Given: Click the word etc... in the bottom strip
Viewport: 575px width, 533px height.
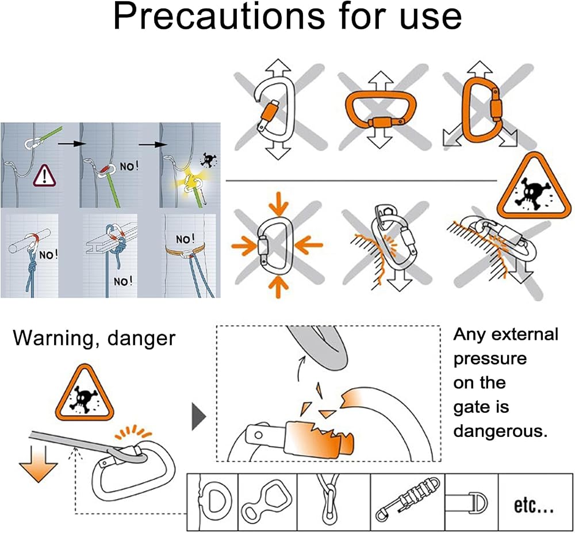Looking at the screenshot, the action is (533, 506).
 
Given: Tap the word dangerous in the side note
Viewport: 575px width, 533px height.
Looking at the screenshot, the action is (500, 431).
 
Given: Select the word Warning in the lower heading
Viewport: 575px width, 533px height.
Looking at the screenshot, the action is (55, 338).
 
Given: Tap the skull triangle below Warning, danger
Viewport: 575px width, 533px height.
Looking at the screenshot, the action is (85, 393).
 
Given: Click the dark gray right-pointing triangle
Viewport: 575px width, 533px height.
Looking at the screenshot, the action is (199, 416).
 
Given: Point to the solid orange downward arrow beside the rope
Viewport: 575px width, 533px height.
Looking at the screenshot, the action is (39, 464).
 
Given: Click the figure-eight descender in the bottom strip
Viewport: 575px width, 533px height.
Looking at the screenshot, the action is (267, 501).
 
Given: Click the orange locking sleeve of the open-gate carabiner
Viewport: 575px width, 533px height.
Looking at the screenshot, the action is (269, 112).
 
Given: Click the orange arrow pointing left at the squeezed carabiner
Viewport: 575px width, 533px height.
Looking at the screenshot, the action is (308, 245).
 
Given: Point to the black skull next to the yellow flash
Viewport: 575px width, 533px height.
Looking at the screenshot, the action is (208, 160).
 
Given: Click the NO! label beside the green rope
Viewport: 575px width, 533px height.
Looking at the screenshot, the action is (129, 167).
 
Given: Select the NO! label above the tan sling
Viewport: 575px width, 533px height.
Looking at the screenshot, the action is (185, 240).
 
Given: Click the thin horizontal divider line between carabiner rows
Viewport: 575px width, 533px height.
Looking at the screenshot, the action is (361, 181).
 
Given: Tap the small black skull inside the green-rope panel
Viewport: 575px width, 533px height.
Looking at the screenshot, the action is (208, 160).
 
